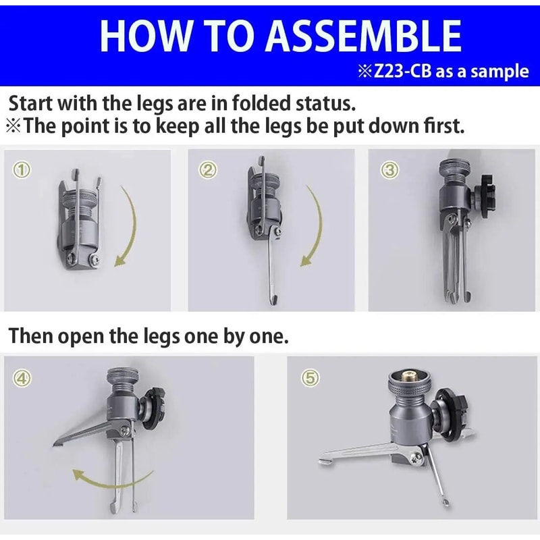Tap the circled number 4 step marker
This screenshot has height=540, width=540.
[x=22, y=378]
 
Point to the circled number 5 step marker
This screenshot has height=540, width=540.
[x=310, y=378]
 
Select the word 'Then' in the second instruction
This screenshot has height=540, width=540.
[x=31, y=335]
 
